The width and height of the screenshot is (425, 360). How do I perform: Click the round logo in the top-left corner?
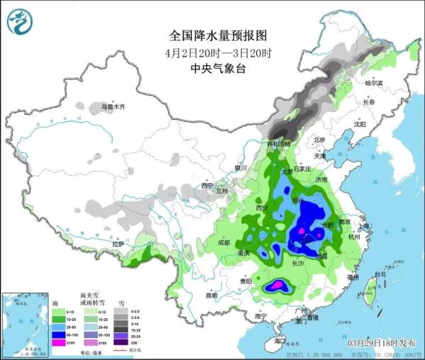(19, 23)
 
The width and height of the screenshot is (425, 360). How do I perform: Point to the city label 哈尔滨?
(373, 84)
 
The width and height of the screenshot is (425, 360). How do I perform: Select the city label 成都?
(224, 243)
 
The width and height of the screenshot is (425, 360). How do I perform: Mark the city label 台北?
(380, 274)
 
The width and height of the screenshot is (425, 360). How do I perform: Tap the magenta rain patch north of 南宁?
(278, 285)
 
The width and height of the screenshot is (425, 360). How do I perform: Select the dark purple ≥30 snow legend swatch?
(123, 342)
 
